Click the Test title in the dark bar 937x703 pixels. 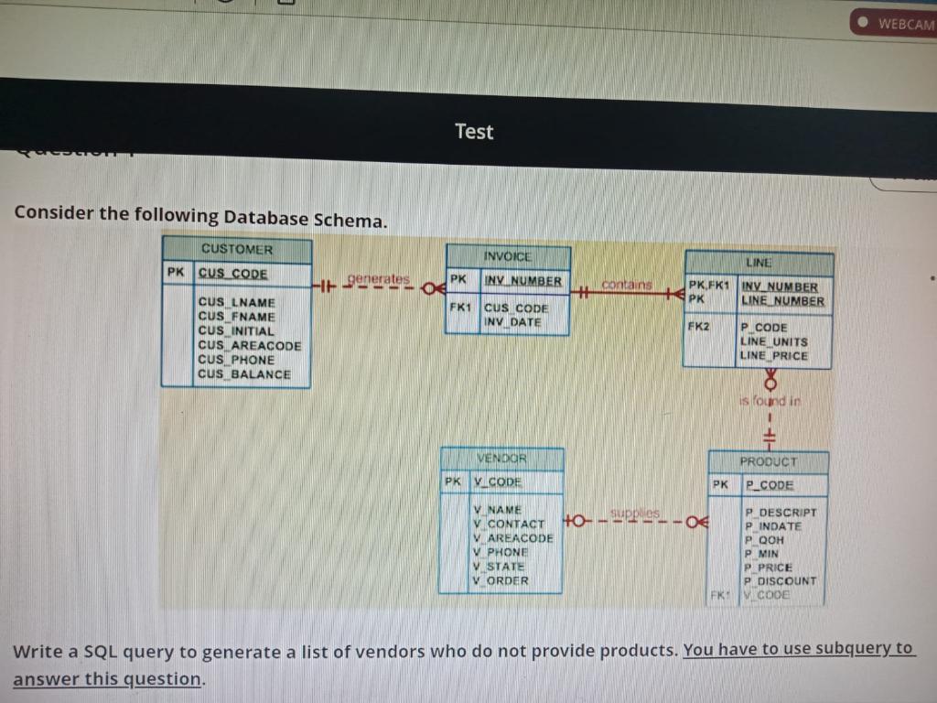point(474,132)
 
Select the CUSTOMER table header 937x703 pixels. point(237,249)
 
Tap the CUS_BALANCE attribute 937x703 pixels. point(244,374)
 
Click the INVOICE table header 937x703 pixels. point(507,257)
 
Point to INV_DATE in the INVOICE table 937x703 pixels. point(512,322)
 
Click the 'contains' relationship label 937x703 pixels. point(628,285)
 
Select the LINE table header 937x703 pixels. point(759,263)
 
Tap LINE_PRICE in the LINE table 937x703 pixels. point(774,355)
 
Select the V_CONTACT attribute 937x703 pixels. point(509,524)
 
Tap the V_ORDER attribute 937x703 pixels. point(501,579)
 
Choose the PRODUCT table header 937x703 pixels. point(768,462)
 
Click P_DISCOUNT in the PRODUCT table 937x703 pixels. point(781,580)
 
